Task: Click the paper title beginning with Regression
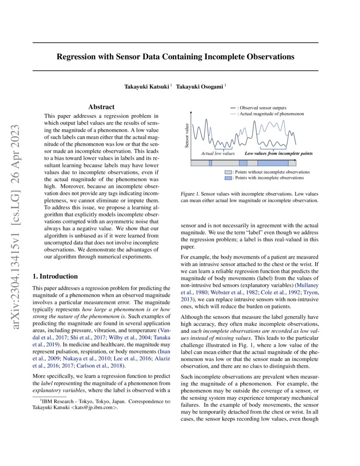pos(175,56)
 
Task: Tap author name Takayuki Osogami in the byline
pos(199,86)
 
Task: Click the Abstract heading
pos(101,107)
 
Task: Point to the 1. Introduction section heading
pos(55,277)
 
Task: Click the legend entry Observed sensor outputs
pos(262,108)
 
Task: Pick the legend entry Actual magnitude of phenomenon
pos(270,114)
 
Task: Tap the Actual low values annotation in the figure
pos(218,153)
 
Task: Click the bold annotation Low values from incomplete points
pos(279,153)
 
